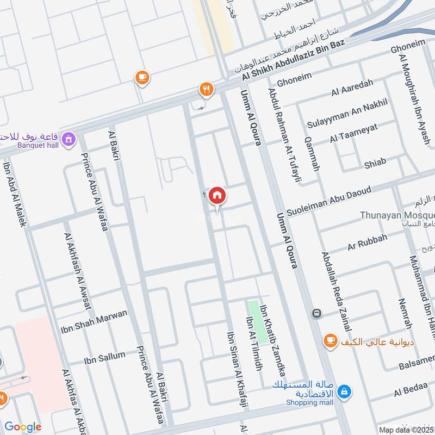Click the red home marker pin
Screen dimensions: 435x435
(217, 195)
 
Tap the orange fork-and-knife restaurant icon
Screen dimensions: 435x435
(206, 89)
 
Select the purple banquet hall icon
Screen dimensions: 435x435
(69, 140)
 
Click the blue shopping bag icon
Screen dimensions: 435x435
(344, 391)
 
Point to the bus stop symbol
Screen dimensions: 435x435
(316, 314)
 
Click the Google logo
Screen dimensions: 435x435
(22, 427)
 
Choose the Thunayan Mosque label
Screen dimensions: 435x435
(397, 215)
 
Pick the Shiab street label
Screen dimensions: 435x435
(375, 162)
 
